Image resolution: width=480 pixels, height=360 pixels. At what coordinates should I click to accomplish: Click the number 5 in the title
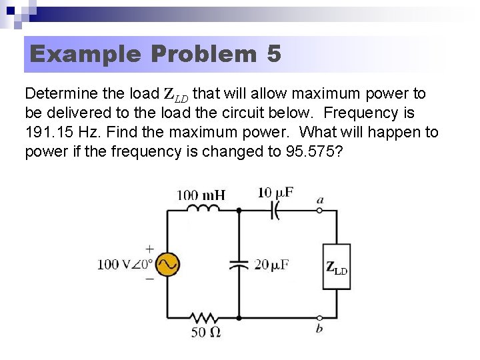click(x=273, y=54)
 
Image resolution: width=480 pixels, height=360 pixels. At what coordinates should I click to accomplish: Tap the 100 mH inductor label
click(x=201, y=195)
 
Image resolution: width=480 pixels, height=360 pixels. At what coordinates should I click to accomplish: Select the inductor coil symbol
click(x=204, y=209)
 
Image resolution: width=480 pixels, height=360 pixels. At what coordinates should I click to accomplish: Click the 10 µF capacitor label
click(x=275, y=193)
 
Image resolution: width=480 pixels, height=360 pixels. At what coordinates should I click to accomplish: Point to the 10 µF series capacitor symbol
click(x=275, y=210)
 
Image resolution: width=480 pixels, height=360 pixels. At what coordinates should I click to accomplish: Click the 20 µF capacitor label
click(x=271, y=265)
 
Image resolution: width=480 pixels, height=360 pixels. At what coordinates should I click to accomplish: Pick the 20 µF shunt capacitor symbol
click(x=239, y=264)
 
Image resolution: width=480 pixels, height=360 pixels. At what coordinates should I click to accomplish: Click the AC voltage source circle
click(x=167, y=264)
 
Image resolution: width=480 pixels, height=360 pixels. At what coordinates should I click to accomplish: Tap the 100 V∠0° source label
click(x=125, y=265)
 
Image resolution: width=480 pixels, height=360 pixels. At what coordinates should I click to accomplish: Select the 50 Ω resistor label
click(x=206, y=331)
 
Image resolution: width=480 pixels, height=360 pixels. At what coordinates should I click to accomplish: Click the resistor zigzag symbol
click(x=203, y=317)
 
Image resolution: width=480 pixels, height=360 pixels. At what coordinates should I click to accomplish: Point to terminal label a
click(x=321, y=199)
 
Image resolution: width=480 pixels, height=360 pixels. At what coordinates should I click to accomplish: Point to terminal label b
click(x=319, y=328)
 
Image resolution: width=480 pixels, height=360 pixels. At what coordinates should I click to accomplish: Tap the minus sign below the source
click(x=149, y=279)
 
